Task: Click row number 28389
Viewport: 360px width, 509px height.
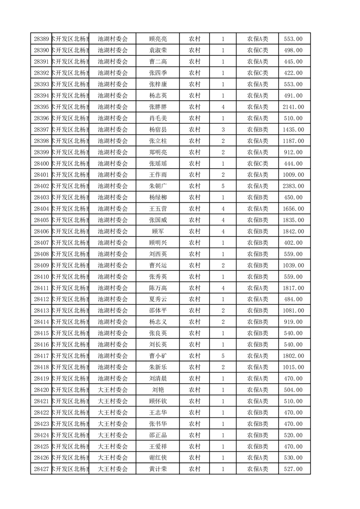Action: (42, 39)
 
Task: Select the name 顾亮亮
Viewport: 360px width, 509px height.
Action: (158, 39)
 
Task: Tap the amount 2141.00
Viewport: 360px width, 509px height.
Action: (293, 107)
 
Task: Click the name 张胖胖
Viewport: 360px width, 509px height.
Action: (158, 107)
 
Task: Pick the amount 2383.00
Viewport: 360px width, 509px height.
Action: (293, 186)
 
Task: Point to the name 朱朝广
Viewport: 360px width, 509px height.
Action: (158, 186)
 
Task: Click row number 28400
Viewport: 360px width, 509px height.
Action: (42, 163)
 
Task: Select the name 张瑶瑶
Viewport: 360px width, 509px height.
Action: (158, 163)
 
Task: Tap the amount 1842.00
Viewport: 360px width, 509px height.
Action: (293, 231)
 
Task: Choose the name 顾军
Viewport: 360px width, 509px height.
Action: (158, 231)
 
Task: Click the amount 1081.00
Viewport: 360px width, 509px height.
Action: (293, 310)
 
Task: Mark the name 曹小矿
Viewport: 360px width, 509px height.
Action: (158, 356)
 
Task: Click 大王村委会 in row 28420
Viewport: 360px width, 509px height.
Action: (113, 390)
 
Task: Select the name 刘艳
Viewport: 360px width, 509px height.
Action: (158, 390)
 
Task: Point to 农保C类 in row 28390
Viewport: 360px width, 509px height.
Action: (257, 50)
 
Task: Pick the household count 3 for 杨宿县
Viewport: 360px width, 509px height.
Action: (223, 130)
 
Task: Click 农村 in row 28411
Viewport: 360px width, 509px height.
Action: (195, 288)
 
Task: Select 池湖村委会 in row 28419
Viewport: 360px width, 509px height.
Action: (113, 378)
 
